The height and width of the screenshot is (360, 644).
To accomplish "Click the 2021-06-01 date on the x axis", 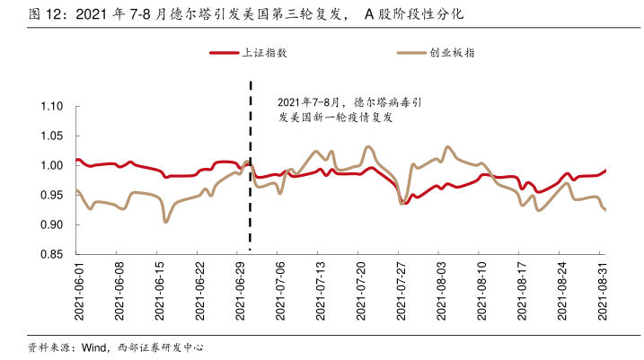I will [x=79, y=292].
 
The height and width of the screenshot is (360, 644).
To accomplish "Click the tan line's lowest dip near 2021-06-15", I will [x=165, y=222].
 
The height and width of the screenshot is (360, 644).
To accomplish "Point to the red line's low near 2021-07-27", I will [x=406, y=203].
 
